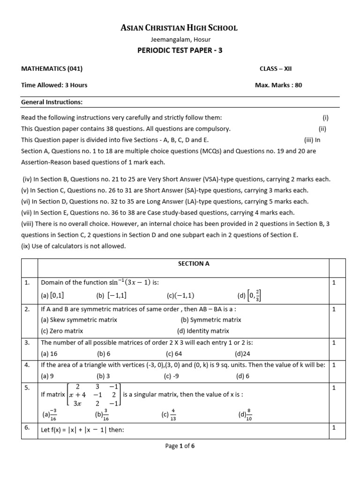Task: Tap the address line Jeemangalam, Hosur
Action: pos(180,40)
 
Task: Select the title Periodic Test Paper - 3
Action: pos(180,51)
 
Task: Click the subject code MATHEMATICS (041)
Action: pos(52,68)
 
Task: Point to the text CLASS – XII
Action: pos(276,68)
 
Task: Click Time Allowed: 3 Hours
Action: pos(54,85)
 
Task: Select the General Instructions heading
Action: pos(52,102)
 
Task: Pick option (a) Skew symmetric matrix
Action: pos(79,320)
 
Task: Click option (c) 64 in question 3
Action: pos(173,354)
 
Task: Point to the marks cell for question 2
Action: pos(334,309)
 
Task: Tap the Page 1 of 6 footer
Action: pos(180,446)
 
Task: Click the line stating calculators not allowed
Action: pos(74,247)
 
